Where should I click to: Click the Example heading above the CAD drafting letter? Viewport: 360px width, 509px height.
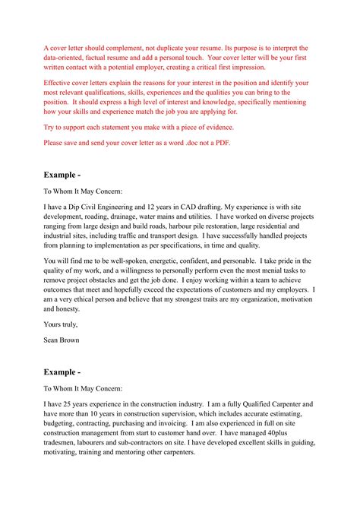pyautogui.click(x=62, y=174)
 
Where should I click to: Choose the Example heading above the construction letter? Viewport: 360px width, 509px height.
pyautogui.click(x=62, y=372)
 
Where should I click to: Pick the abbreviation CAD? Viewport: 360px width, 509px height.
pyautogui.click(x=191, y=205)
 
